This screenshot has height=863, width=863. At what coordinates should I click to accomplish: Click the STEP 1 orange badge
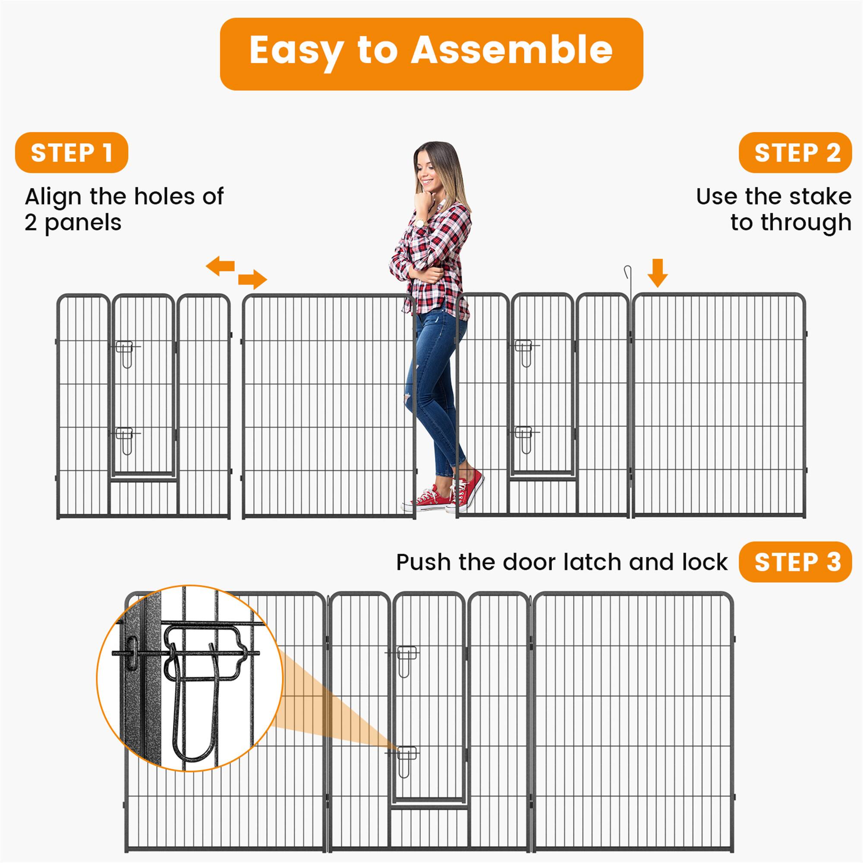[72, 153]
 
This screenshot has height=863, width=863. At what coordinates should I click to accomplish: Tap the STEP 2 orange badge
[795, 153]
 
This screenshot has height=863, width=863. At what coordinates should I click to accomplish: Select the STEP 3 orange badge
[795, 562]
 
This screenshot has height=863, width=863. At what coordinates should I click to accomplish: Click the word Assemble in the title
[511, 50]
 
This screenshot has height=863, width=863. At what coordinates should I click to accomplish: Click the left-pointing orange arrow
[220, 266]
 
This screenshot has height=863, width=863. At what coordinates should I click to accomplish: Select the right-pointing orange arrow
[252, 279]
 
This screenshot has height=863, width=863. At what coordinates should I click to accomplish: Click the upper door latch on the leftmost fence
[126, 353]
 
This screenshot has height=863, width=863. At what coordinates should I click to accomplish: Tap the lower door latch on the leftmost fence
[126, 440]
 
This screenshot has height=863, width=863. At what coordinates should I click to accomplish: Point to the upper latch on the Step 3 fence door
[406, 660]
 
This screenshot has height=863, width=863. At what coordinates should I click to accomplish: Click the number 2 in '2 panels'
[30, 223]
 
